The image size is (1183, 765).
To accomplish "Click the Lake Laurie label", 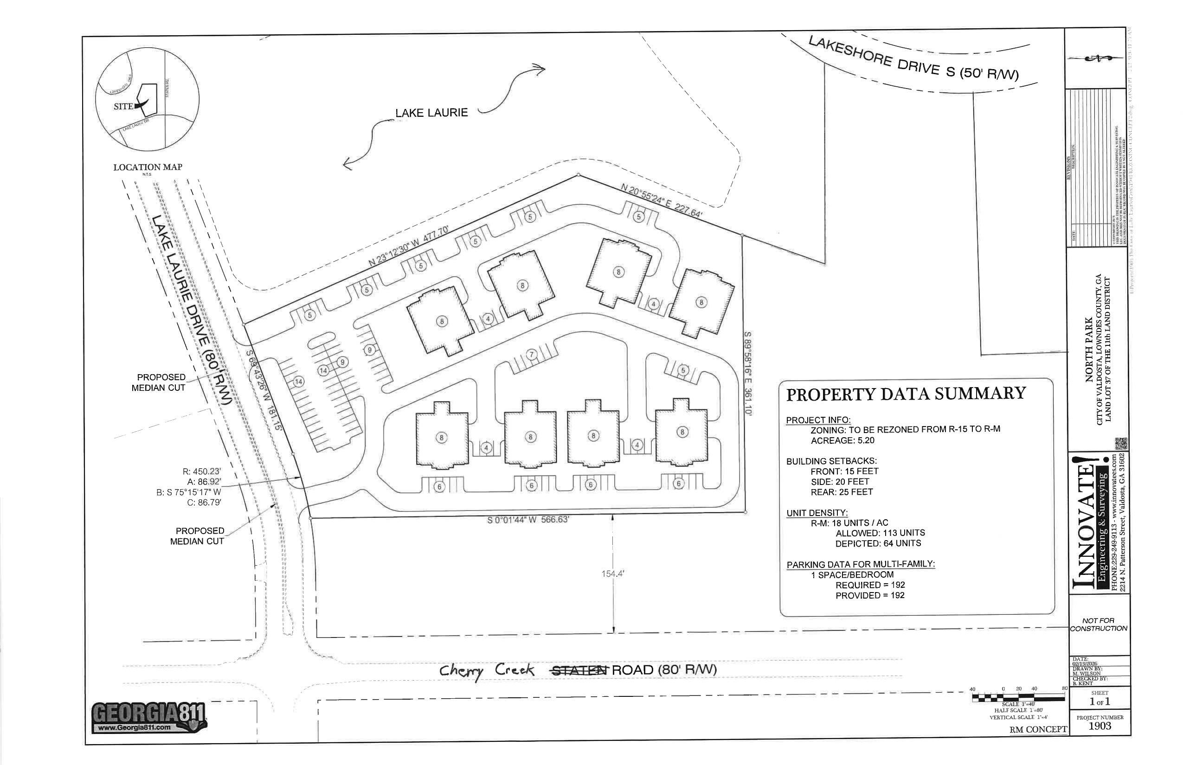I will (x=431, y=113).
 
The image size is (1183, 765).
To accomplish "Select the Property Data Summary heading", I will (x=906, y=394).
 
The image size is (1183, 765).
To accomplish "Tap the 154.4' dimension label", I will (x=612, y=574).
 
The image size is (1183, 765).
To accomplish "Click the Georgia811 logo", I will (x=149, y=717).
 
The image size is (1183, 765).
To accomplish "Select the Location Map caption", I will (x=148, y=167).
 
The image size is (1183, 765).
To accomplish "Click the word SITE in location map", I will (x=123, y=106).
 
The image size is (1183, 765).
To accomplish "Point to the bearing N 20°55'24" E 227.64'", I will (x=661, y=200).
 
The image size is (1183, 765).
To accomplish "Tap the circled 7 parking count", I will (x=532, y=354).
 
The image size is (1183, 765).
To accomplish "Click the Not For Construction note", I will (x=1099, y=625).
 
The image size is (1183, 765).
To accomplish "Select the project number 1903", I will (x=1099, y=726).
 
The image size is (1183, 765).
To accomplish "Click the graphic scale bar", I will (x=1018, y=697).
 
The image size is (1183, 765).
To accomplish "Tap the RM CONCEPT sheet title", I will (x=1038, y=729).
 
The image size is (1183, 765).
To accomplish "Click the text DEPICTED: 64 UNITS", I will (x=878, y=543).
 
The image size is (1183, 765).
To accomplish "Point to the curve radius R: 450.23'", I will (x=201, y=472).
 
